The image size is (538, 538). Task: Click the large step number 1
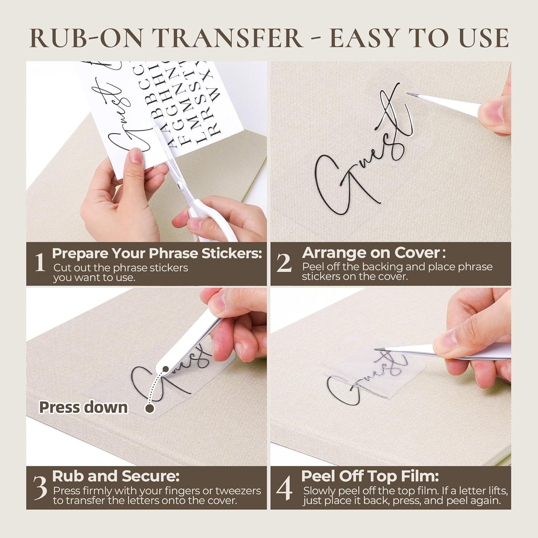(40, 262)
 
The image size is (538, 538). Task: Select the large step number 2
(284, 262)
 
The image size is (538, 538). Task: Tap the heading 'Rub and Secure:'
(116, 476)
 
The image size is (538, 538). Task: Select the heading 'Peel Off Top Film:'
(370, 476)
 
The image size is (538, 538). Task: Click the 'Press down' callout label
(83, 407)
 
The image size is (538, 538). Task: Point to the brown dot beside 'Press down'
(150, 408)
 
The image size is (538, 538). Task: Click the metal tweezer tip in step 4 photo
(378, 349)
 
